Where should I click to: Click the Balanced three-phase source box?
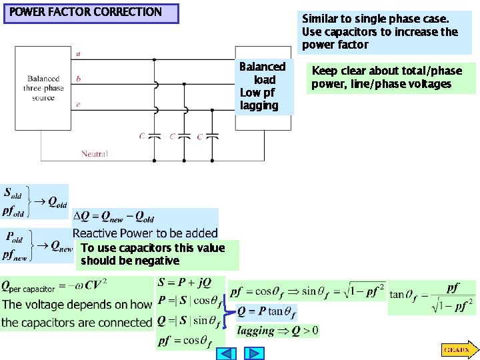pyautogui.click(x=43, y=88)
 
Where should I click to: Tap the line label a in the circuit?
pyautogui.click(x=79, y=53)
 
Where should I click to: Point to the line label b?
pyautogui.click(x=79, y=79)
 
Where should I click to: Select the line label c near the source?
pyautogui.click(x=79, y=104)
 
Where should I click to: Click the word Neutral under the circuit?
pyautogui.click(x=94, y=154)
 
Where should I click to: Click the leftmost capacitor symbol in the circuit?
pyautogui.click(x=155, y=136)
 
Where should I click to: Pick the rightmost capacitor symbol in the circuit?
pyautogui.click(x=213, y=136)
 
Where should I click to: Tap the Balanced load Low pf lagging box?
pyautogui.click(x=261, y=86)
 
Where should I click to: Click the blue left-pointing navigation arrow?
pyautogui.click(x=227, y=353)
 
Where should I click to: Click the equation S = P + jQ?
pyautogui.click(x=184, y=283)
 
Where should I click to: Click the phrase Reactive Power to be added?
pyautogui.click(x=145, y=233)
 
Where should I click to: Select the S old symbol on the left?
pyautogui.click(x=13, y=193)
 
